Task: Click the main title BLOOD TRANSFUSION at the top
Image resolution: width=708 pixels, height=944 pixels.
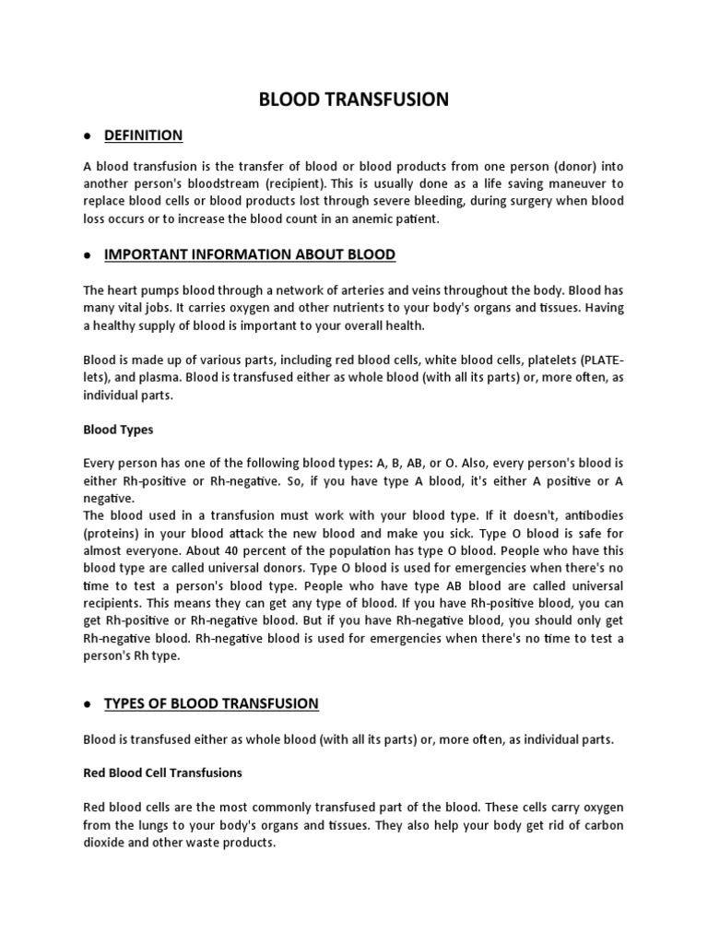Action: click(353, 100)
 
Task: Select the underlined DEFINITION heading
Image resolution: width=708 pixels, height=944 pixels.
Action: click(144, 136)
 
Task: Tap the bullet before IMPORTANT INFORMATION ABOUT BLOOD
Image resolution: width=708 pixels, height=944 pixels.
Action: click(85, 255)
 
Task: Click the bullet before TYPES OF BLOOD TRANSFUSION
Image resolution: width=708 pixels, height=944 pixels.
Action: click(85, 704)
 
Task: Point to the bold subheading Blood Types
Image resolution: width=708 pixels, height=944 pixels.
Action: click(118, 430)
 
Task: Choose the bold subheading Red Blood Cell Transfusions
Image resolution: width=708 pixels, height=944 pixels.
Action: click(162, 773)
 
